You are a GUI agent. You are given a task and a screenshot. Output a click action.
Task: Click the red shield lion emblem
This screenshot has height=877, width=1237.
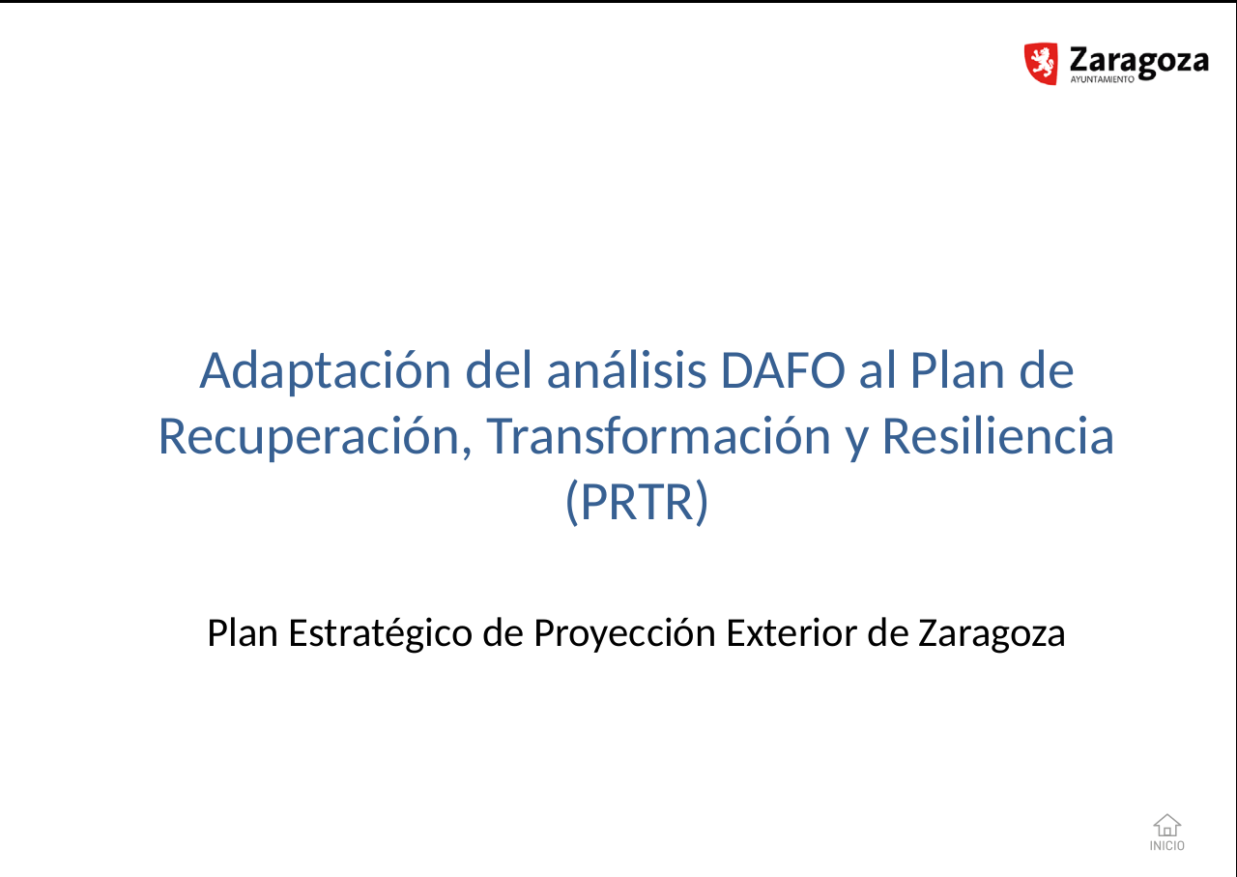pyautogui.click(x=1041, y=64)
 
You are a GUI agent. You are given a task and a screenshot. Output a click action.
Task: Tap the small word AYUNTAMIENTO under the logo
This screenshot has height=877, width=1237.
pyautogui.click(x=1103, y=79)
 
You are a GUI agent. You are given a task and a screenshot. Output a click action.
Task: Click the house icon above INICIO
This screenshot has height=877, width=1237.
pyautogui.click(x=1166, y=826)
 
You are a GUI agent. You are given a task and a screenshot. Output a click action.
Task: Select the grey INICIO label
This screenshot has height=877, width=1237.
pyautogui.click(x=1166, y=845)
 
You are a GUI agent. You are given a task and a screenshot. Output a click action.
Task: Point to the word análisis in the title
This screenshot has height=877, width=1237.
pyautogui.click(x=627, y=369)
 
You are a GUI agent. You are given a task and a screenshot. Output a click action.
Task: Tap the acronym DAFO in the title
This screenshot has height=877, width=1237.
pyautogui.click(x=783, y=370)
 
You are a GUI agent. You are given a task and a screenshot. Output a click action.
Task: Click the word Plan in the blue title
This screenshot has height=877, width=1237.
pyautogui.click(x=957, y=370)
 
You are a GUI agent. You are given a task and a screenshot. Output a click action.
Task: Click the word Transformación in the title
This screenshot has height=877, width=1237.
pyautogui.click(x=658, y=436)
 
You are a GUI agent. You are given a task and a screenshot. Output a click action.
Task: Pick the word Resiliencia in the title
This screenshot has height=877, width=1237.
pyautogui.click(x=998, y=436)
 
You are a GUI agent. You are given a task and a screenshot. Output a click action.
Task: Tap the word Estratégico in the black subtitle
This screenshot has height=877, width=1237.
pyautogui.click(x=381, y=633)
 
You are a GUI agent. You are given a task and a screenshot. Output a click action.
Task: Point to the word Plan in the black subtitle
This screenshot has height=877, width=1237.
pyautogui.click(x=243, y=632)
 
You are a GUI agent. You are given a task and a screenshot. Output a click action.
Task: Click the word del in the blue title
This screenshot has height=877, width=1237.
pyautogui.click(x=500, y=369)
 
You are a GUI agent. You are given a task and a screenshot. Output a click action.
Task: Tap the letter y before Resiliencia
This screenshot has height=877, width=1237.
pyautogui.click(x=856, y=442)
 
